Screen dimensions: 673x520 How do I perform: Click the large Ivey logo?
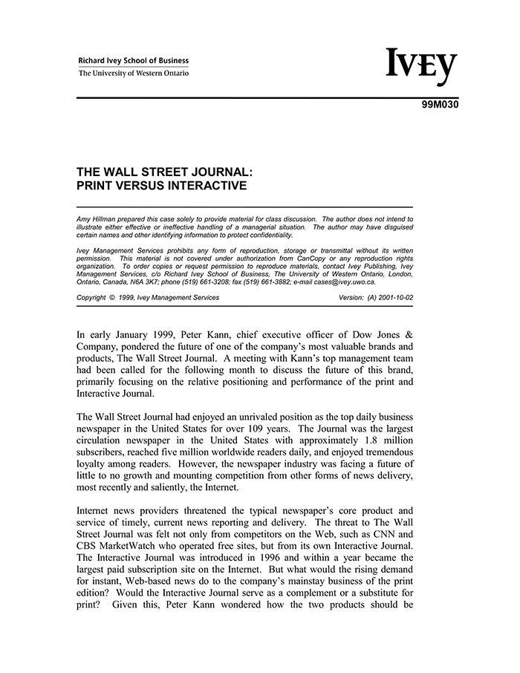pyautogui.click(x=420, y=68)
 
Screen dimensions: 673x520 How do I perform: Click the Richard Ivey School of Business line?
pyautogui.click(x=134, y=61)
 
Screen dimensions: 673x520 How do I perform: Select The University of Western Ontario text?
pyautogui.click(x=134, y=74)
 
